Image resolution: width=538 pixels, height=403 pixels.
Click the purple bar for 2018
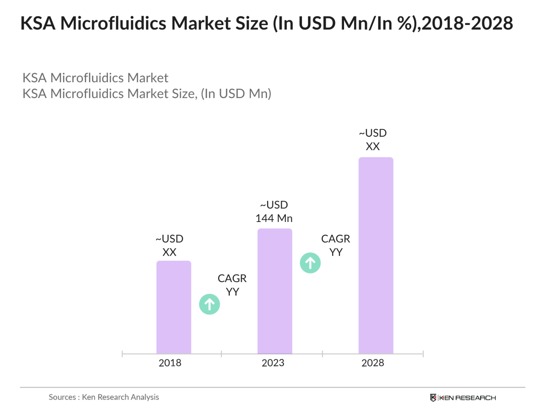tap(174, 307)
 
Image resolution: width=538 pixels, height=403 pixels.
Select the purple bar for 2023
tap(275, 291)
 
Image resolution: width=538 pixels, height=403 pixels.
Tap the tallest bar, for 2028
tap(376, 255)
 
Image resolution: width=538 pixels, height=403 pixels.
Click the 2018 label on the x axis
tap(170, 363)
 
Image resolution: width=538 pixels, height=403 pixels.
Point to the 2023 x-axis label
tap(273, 363)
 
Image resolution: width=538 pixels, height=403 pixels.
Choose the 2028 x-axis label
tap(373, 363)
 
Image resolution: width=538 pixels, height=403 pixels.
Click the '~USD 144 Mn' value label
tap(274, 211)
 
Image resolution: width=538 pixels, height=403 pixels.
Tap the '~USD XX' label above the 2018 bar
tap(170, 245)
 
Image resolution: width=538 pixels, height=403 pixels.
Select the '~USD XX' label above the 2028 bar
tap(373, 140)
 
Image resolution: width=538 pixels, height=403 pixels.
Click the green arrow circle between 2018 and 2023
tap(209, 304)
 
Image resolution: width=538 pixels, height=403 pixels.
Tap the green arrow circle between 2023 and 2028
tap(310, 263)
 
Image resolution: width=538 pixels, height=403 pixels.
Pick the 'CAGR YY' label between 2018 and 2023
tap(232, 285)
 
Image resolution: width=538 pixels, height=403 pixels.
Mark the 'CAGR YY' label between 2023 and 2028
tap(336, 245)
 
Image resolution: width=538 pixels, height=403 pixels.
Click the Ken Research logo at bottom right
tap(463, 398)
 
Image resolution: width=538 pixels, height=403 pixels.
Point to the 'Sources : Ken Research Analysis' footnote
tap(104, 397)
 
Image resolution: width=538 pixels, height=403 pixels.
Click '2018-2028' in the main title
tap(467, 23)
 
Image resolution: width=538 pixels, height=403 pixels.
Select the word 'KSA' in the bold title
tap(38, 23)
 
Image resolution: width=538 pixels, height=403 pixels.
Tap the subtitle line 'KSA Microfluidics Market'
tap(95, 78)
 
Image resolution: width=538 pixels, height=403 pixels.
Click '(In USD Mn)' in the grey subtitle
tap(236, 94)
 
